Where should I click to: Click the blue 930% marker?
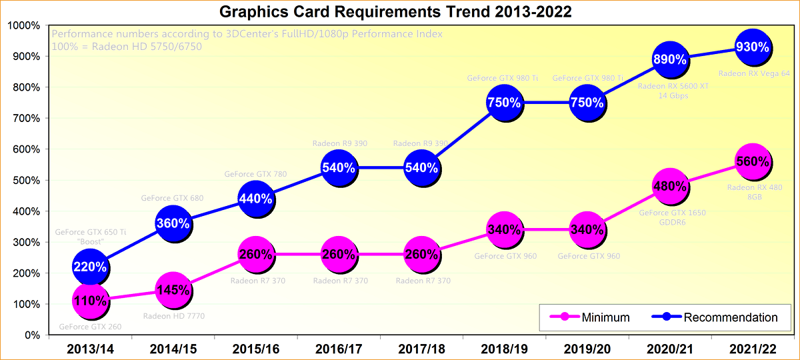point(753,47)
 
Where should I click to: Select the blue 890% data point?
point(669,59)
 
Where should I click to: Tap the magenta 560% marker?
point(753,161)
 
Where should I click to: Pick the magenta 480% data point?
point(669,187)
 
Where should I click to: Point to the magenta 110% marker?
point(90,301)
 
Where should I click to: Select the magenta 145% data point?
point(173,291)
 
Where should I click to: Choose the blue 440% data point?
point(255,198)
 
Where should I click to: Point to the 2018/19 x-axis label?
point(504,349)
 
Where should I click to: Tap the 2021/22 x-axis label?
point(752,349)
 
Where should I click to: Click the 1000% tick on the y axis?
point(24,26)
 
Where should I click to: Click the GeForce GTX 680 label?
point(172,198)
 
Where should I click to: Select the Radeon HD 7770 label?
point(172,316)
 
